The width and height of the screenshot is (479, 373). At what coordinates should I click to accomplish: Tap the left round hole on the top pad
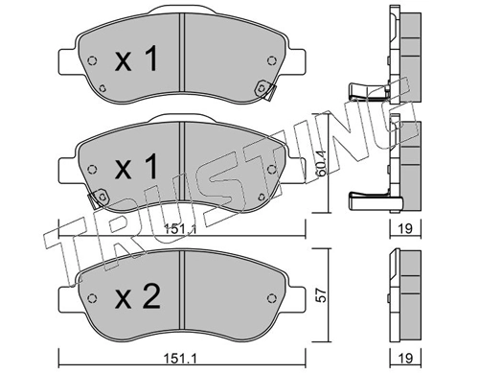coord(91,64)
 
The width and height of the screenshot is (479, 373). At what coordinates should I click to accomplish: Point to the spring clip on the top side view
coord(369,93)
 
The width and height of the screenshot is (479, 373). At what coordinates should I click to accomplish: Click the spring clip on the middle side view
coord(369,198)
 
